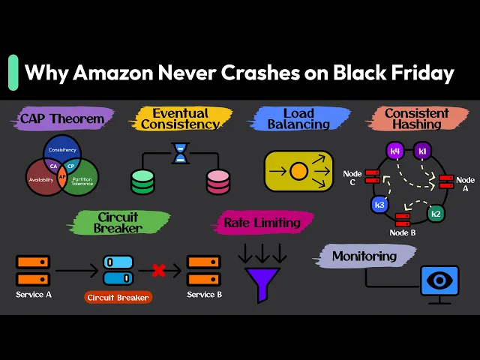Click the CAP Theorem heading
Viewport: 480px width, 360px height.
point(62,118)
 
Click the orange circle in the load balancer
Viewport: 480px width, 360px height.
point(298,172)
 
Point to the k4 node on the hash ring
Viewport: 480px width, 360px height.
point(395,151)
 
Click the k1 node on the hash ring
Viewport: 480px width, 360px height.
point(422,151)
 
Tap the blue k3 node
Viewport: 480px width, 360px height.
point(380,204)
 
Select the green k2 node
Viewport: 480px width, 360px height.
point(435,214)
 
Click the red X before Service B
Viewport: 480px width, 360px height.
point(159,269)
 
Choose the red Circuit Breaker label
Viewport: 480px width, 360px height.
point(118,297)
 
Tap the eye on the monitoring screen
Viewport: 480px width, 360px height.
point(439,280)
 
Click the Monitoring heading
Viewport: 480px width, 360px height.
point(364,256)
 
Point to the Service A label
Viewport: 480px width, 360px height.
point(34,295)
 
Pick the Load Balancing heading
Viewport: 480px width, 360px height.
point(298,118)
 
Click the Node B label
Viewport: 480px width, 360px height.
point(402,233)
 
